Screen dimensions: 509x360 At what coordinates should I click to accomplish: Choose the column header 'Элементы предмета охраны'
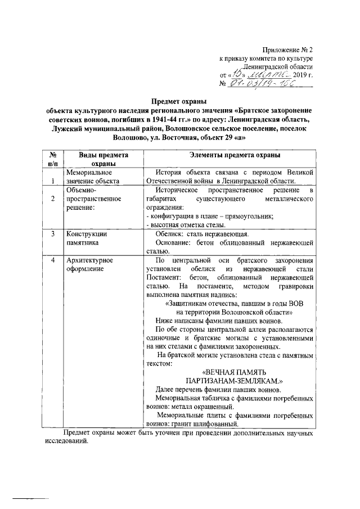pyautogui.click(x=227, y=155)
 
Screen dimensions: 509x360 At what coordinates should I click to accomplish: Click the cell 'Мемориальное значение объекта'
pyautogui.click(x=93, y=177)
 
